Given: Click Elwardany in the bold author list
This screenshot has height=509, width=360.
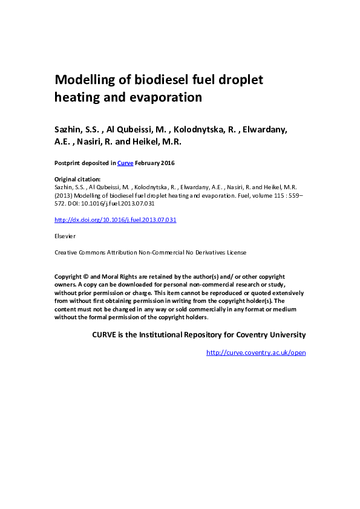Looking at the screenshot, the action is point(264,129).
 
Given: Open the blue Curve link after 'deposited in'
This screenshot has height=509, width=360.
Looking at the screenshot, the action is point(125,163).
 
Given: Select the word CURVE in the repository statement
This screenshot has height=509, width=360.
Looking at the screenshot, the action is point(105,334).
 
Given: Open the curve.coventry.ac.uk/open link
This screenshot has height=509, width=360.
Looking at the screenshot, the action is point(256,352).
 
